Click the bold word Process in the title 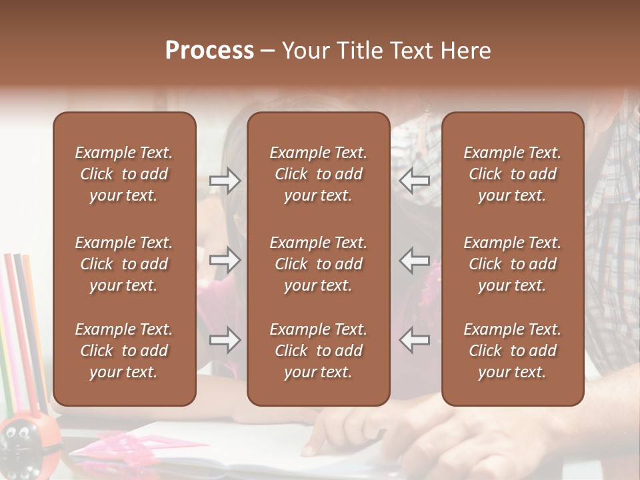[x=209, y=51]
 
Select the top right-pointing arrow [x=225, y=181]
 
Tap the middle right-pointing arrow [x=225, y=260]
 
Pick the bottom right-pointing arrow [x=225, y=341]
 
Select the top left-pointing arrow [x=415, y=181]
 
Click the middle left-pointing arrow [x=415, y=260]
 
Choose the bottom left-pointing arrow [x=415, y=341]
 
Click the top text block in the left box [x=124, y=174]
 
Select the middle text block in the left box [x=124, y=264]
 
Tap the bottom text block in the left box [x=124, y=351]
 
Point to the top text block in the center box [x=318, y=174]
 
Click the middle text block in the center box [x=318, y=264]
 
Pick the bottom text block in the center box [x=318, y=351]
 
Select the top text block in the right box [x=512, y=174]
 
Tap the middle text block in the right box [x=512, y=264]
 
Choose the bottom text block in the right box [x=512, y=351]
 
